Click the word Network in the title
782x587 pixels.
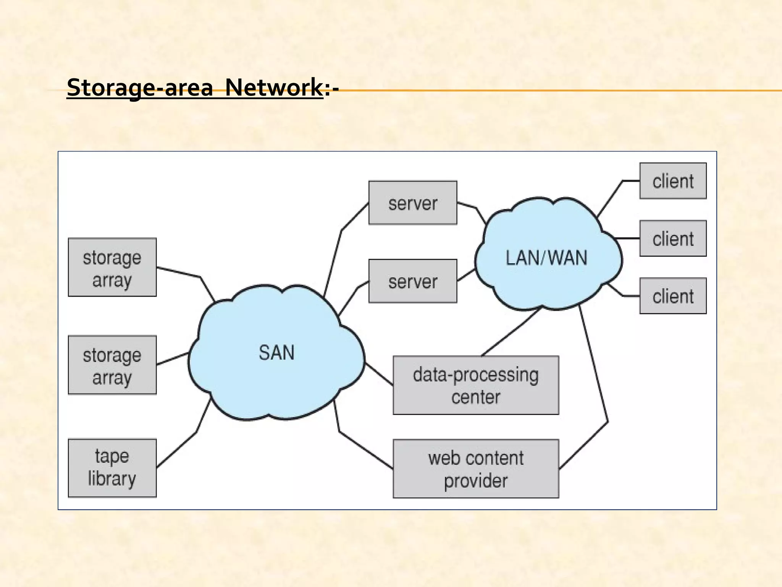click(x=274, y=88)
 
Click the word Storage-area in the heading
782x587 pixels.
click(x=139, y=88)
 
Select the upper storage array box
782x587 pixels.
click(x=112, y=267)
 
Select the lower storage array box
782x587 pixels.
click(x=112, y=365)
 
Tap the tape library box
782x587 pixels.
click(x=112, y=468)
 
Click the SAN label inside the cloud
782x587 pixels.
click(x=276, y=352)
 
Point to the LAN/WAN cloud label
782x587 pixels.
click(x=546, y=258)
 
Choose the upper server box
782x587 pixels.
click(x=412, y=203)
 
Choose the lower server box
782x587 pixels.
click(x=412, y=281)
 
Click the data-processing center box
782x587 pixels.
click(x=476, y=385)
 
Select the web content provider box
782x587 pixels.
click(x=476, y=469)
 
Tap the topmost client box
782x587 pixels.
click(x=673, y=181)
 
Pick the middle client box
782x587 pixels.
click(x=673, y=238)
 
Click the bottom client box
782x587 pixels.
click(x=673, y=296)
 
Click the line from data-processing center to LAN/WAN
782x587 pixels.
click(x=511, y=332)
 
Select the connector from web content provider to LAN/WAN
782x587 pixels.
click(x=594, y=367)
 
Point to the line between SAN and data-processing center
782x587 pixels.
click(x=379, y=374)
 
